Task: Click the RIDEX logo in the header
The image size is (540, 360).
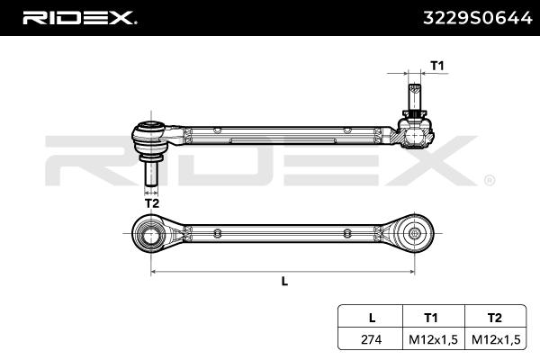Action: (x=78, y=17)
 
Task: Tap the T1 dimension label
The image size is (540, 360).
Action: (x=436, y=66)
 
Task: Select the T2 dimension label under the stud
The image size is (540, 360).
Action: (x=151, y=204)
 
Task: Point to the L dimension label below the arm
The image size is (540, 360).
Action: (x=284, y=281)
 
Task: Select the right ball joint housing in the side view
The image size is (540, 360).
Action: (x=414, y=136)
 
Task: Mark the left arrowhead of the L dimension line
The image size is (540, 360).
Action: (x=154, y=269)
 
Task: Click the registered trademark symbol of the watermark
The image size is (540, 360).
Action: (x=489, y=180)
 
